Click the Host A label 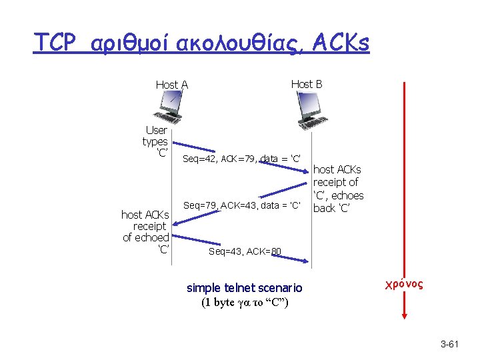click(x=171, y=85)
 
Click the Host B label click(x=307, y=84)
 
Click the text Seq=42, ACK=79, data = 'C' click(x=239, y=159)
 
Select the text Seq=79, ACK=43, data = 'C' click(x=242, y=206)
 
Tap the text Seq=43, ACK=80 click(x=245, y=251)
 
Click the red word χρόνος click(x=403, y=285)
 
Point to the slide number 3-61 click(x=450, y=344)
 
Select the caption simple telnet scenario click(x=244, y=288)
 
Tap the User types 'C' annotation click(x=155, y=141)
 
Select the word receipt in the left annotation click(x=150, y=226)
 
